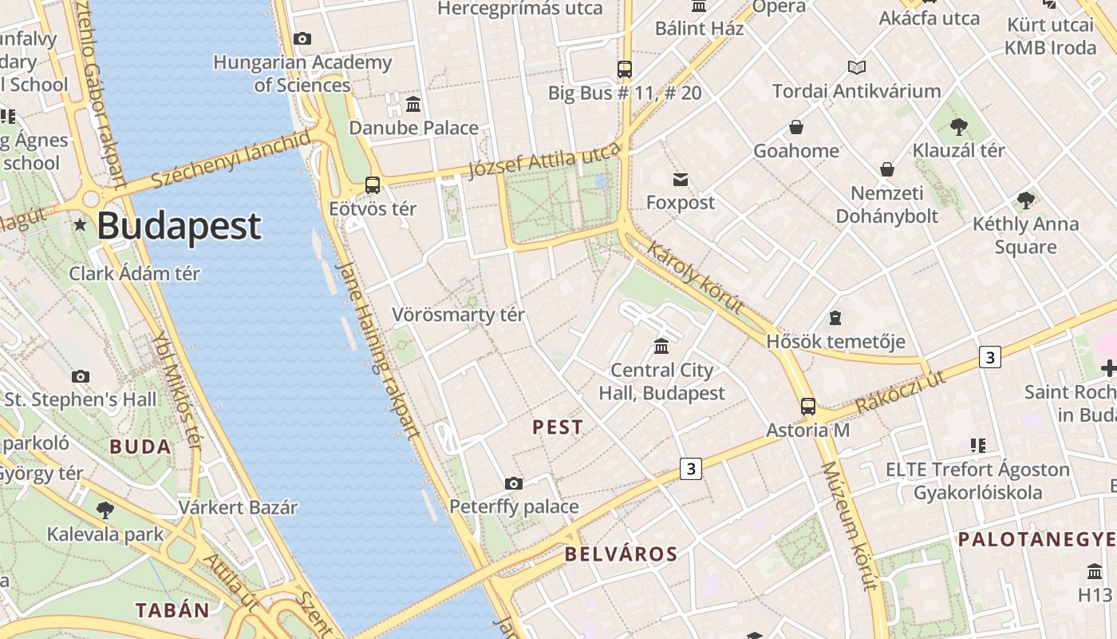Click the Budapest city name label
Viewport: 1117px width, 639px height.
[x=179, y=226]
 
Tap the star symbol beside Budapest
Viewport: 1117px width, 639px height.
[x=80, y=224]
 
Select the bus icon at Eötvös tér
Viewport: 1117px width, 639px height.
[x=372, y=185]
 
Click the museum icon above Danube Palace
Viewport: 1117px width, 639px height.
[x=413, y=104]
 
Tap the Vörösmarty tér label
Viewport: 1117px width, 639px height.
[x=458, y=315]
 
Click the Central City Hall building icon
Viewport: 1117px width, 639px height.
[x=661, y=346]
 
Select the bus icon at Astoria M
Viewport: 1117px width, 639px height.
[x=808, y=407]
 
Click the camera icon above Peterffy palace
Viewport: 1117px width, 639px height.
[x=514, y=483]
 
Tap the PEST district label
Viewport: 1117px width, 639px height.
[x=558, y=427]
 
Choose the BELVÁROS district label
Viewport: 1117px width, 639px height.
[x=621, y=554]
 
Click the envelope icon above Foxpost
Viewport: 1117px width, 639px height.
[x=680, y=179]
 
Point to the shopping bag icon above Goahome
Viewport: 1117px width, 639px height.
[x=795, y=127]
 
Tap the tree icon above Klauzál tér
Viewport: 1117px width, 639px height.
[x=959, y=126]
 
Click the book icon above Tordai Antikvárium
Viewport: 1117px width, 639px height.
[x=857, y=68]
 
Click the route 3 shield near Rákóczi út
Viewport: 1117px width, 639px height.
[x=989, y=357]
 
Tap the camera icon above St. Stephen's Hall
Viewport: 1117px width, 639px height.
[x=80, y=376]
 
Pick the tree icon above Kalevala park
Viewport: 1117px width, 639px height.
[x=105, y=510]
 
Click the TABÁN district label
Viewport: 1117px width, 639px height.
[x=172, y=611]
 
